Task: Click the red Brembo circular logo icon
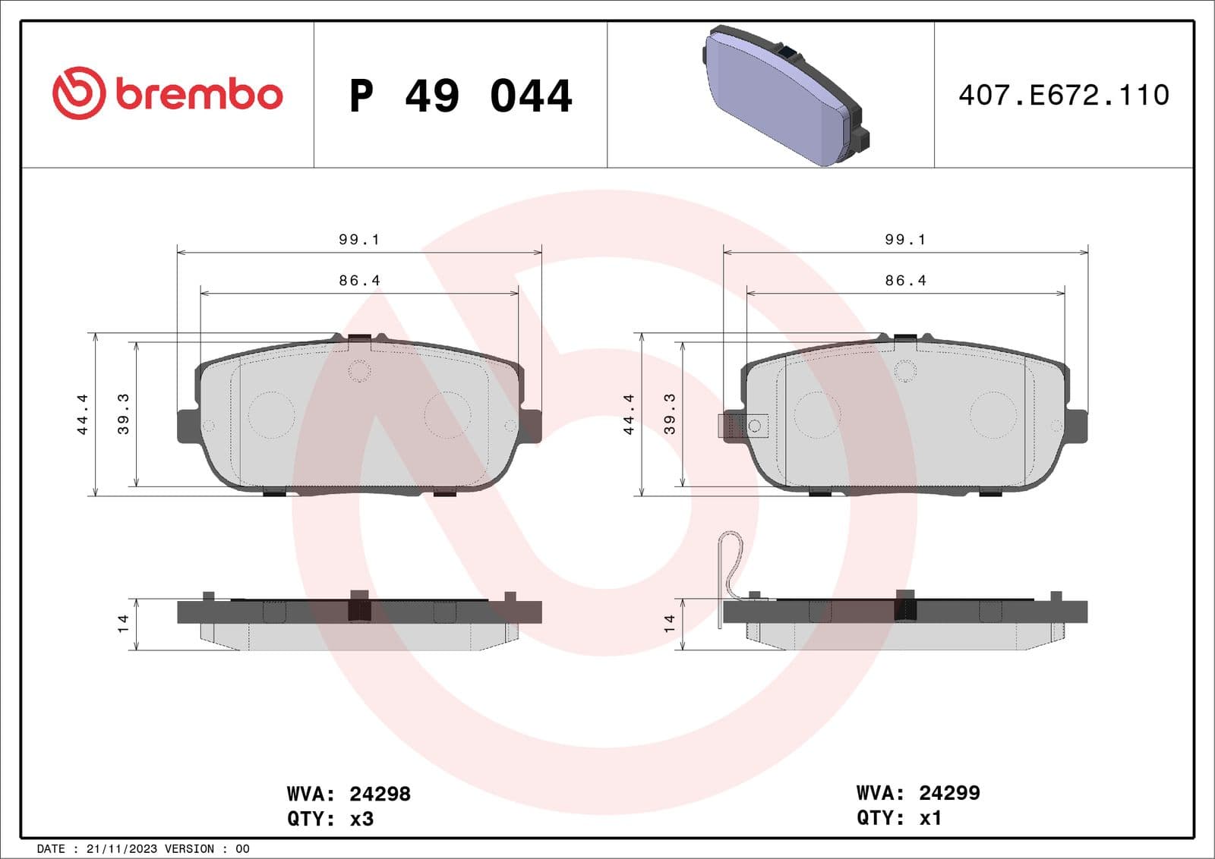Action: pyautogui.click(x=78, y=93)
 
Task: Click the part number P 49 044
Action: pyautogui.click(x=460, y=96)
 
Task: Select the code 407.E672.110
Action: pyautogui.click(x=1063, y=95)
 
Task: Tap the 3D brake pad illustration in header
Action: pyautogui.click(x=784, y=95)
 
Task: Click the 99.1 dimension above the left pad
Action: pyautogui.click(x=358, y=240)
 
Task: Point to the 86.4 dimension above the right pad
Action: pyautogui.click(x=905, y=281)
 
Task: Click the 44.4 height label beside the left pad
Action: pyautogui.click(x=82, y=414)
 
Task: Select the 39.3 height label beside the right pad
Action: pyautogui.click(x=669, y=414)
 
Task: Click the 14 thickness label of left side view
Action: pyautogui.click(x=123, y=624)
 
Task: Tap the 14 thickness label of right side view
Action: pyautogui.click(x=669, y=624)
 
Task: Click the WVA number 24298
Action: pyautogui.click(x=380, y=794)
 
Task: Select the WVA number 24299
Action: pyautogui.click(x=949, y=793)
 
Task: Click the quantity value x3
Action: pyautogui.click(x=361, y=819)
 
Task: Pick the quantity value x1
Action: pyautogui.click(x=930, y=818)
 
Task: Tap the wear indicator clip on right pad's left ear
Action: pyautogui.click(x=743, y=426)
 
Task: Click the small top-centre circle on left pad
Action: pyautogui.click(x=358, y=371)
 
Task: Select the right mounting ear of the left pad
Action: pyautogui.click(x=531, y=426)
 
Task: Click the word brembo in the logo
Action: pyautogui.click(x=199, y=95)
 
